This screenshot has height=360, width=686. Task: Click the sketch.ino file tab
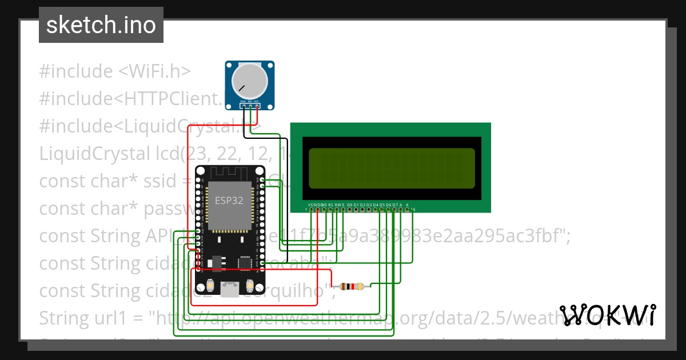click(x=101, y=25)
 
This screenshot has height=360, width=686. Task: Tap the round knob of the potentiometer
click(x=249, y=82)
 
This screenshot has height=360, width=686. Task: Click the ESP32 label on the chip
click(x=228, y=201)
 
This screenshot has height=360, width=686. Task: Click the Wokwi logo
click(x=608, y=315)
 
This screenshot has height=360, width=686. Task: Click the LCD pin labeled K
click(x=407, y=210)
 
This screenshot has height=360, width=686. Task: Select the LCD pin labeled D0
click(x=350, y=210)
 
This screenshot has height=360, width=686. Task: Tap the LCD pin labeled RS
click(x=330, y=210)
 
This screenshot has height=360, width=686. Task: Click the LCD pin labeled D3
click(x=369, y=210)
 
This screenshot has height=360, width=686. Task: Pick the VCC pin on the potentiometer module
click(x=257, y=106)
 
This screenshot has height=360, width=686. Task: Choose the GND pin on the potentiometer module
click(x=244, y=106)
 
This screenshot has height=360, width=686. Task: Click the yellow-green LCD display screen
click(x=392, y=169)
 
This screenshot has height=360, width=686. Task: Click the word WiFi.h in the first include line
click(x=154, y=71)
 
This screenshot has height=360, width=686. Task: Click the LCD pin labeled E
click(x=343, y=210)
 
